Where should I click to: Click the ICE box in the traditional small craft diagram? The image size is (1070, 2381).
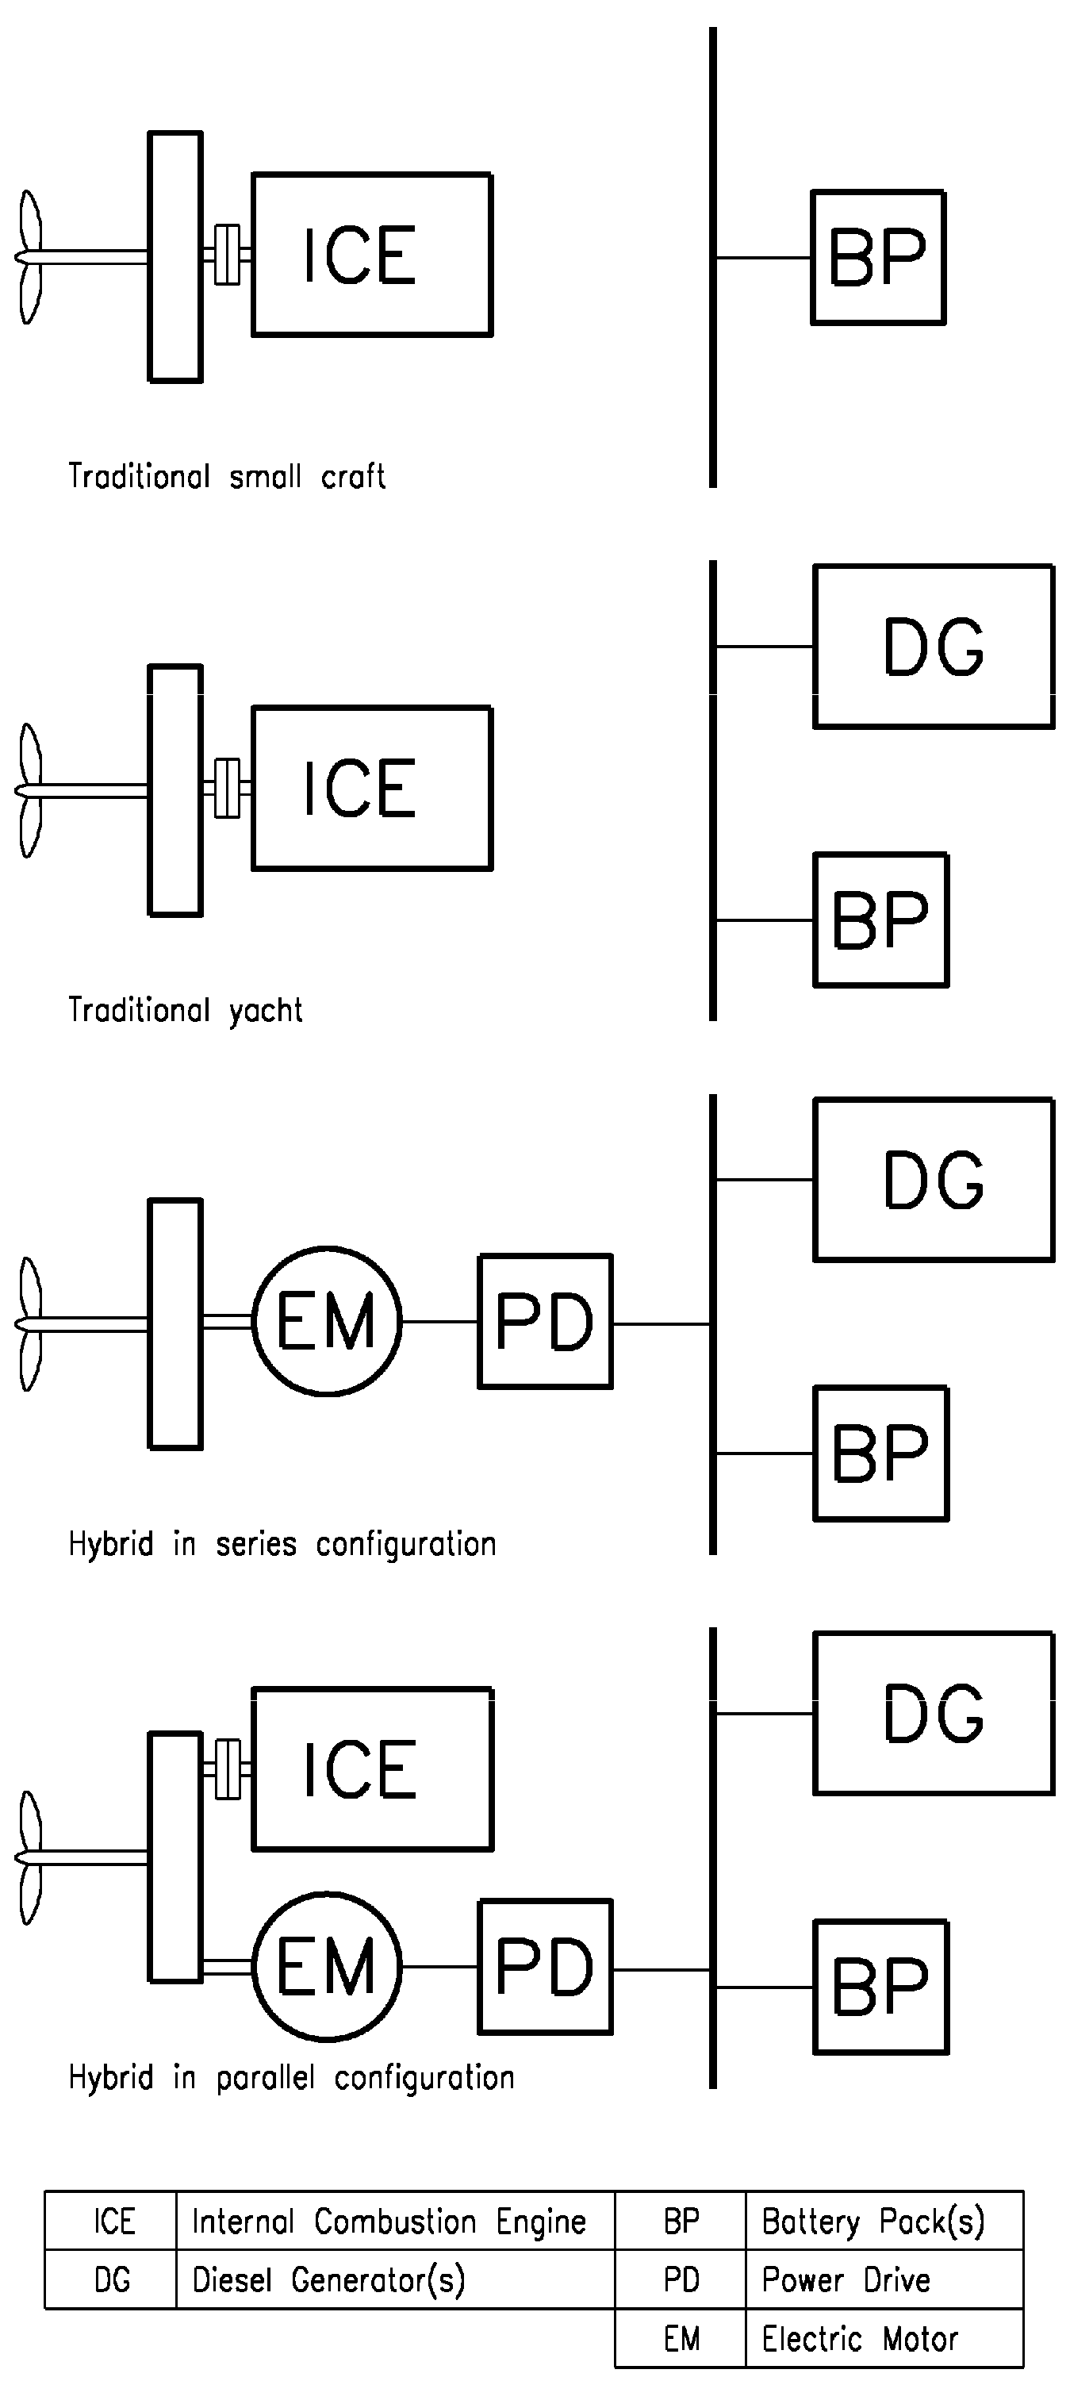(x=371, y=254)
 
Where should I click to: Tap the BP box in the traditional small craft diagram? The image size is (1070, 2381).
(x=878, y=258)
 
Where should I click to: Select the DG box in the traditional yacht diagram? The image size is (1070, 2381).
(x=934, y=647)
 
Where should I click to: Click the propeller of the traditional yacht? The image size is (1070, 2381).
(x=30, y=790)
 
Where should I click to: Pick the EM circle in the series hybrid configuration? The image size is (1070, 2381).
(x=327, y=1322)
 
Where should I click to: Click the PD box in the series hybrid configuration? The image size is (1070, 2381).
(x=545, y=1322)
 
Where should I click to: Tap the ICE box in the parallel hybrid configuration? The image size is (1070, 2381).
(x=371, y=1769)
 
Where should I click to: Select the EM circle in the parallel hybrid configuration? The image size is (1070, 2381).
(x=327, y=1967)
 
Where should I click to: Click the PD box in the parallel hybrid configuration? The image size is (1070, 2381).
(x=545, y=1967)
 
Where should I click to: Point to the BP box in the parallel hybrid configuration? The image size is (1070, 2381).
(x=880, y=1987)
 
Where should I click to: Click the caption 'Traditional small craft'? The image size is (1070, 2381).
(x=226, y=477)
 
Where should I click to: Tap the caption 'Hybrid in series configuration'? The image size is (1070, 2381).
(x=282, y=1545)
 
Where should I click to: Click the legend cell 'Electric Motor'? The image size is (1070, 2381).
(x=859, y=2340)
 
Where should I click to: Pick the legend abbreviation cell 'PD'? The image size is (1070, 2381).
(x=681, y=2280)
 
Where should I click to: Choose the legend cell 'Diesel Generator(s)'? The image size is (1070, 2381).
(x=328, y=2280)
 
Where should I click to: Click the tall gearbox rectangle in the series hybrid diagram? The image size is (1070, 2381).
(x=175, y=1323)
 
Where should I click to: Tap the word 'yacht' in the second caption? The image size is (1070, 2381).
(x=267, y=1011)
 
